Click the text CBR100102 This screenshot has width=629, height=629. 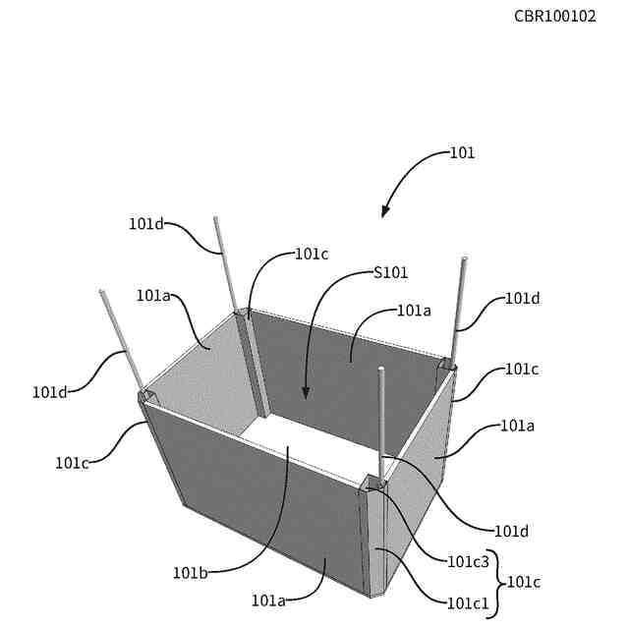[x=554, y=17]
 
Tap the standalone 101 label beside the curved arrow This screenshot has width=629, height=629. [x=463, y=153]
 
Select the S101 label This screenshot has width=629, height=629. [x=391, y=272]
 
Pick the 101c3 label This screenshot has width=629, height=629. [x=468, y=562]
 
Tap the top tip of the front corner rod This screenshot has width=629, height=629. [x=381, y=370]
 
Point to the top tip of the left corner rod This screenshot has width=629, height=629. [x=101, y=292]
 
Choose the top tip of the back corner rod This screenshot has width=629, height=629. [x=215, y=218]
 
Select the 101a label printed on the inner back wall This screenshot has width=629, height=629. [x=414, y=311]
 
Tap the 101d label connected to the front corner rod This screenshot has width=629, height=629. [x=511, y=532]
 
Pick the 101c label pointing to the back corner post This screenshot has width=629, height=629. [x=312, y=254]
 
